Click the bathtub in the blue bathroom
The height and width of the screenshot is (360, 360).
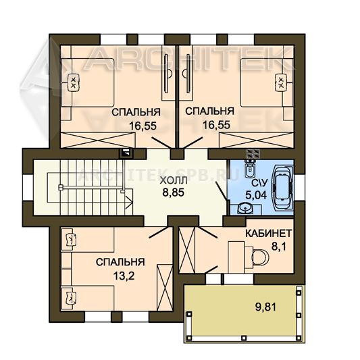282,188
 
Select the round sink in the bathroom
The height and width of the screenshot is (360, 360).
245,209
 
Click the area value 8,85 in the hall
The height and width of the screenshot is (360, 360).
174,192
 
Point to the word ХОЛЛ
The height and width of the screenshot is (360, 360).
174,180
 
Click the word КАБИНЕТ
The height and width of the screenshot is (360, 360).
268,234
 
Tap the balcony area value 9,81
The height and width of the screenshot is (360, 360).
265,307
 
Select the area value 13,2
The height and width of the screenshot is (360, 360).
124,276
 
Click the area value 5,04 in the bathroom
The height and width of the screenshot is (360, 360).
256,195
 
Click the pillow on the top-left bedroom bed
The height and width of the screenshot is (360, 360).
74,82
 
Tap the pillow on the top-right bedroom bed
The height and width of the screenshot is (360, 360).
281,82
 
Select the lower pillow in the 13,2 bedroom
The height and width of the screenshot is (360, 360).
70,298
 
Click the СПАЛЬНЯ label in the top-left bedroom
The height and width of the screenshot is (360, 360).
136,113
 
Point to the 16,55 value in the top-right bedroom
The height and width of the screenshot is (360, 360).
216,125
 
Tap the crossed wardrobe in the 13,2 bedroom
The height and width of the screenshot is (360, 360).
164,288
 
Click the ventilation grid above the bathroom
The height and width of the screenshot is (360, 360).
253,153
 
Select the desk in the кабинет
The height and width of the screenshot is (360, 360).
236,257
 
